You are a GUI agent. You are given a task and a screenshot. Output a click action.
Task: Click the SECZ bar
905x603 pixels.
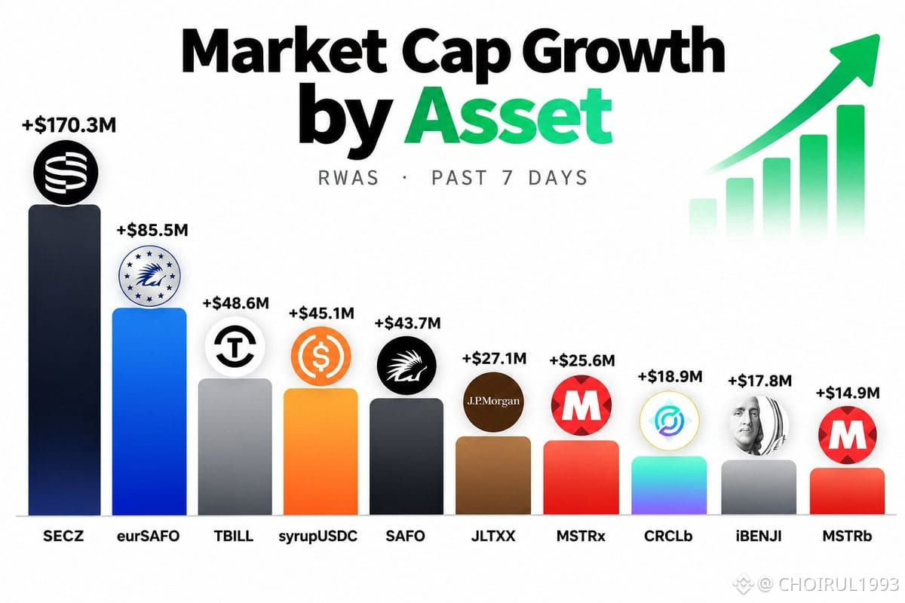(65, 360)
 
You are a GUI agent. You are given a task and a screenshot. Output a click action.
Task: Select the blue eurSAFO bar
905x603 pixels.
(149, 412)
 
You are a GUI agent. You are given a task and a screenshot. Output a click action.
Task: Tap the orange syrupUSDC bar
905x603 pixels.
(321, 451)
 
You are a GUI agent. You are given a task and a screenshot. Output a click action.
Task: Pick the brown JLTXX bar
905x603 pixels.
(493, 476)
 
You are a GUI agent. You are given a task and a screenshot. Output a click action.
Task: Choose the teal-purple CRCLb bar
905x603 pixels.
(669, 485)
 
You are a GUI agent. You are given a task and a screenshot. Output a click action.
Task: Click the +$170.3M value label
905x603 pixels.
(69, 125)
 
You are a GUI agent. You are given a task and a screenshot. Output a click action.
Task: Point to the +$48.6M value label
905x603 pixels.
(235, 303)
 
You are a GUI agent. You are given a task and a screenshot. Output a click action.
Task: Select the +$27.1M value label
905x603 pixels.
(494, 358)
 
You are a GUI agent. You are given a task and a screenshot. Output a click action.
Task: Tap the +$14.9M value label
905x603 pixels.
(848, 393)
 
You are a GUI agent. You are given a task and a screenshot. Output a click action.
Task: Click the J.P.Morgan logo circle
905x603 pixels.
(493, 402)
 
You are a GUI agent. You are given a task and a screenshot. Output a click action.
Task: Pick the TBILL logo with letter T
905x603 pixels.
(235, 347)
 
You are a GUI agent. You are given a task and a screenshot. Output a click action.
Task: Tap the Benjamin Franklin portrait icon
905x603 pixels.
(759, 426)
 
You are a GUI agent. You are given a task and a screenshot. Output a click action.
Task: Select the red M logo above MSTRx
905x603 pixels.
(581, 405)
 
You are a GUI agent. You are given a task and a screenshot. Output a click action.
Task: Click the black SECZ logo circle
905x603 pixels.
(66, 173)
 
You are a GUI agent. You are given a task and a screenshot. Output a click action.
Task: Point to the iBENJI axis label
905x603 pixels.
(759, 536)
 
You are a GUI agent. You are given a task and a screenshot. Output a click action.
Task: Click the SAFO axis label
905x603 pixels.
(405, 536)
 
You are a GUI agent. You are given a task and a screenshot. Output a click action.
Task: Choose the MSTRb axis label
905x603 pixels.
(847, 536)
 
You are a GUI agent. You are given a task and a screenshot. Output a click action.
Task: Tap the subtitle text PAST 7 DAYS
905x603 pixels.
(510, 178)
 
